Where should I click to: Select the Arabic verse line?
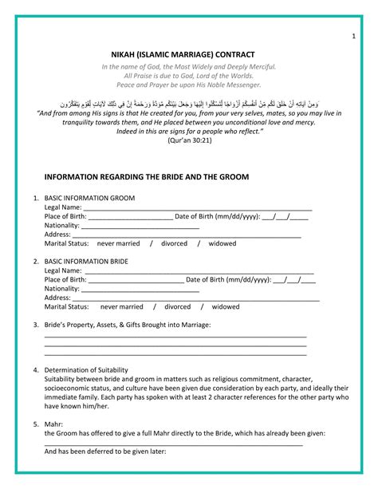coord(188,104)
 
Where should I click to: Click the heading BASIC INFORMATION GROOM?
coord(89,197)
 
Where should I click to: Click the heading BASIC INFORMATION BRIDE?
coord(86,261)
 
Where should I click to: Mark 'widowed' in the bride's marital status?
coord(225,306)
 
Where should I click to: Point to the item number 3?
coord(35,325)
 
